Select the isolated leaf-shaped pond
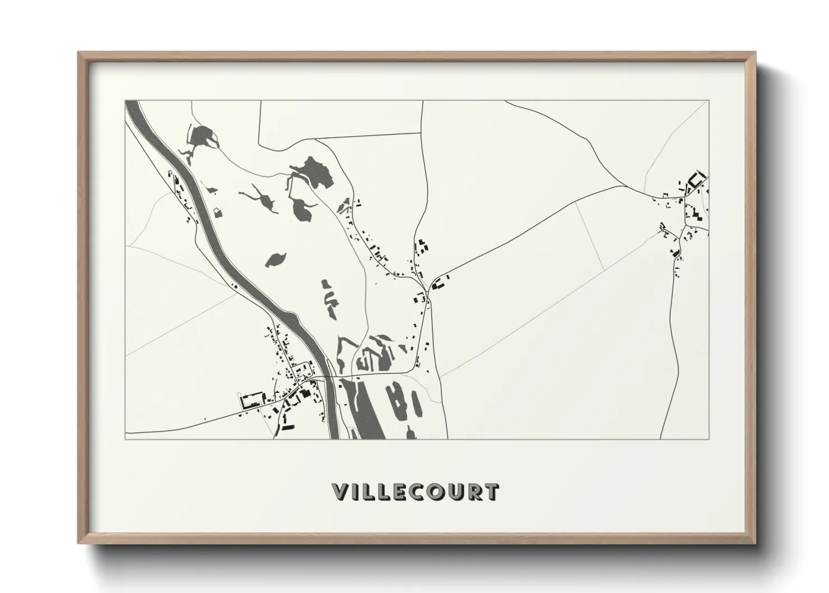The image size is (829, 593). (x=276, y=259)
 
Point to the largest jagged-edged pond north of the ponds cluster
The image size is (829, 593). (x=314, y=172)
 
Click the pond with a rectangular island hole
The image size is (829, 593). (x=396, y=401)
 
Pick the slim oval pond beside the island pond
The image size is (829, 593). (x=415, y=404)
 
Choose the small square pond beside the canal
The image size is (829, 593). (x=217, y=211)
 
